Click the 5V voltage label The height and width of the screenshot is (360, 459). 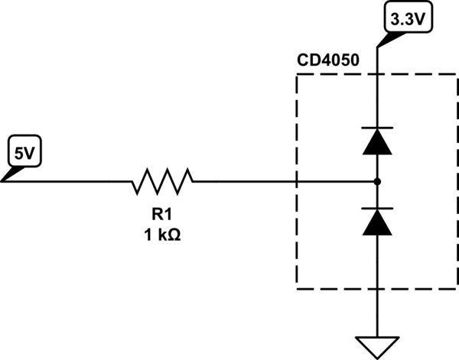pyautogui.click(x=25, y=154)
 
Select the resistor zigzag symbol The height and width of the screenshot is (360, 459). pyautogui.click(x=163, y=181)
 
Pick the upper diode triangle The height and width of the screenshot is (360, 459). pyautogui.click(x=377, y=142)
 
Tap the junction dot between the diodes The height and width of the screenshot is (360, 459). pyautogui.click(x=377, y=181)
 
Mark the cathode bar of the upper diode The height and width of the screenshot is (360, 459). pyautogui.click(x=377, y=128)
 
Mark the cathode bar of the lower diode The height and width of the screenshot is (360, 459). pyautogui.click(x=377, y=208)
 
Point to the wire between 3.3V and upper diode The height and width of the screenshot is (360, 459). pyautogui.click(x=377, y=92)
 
